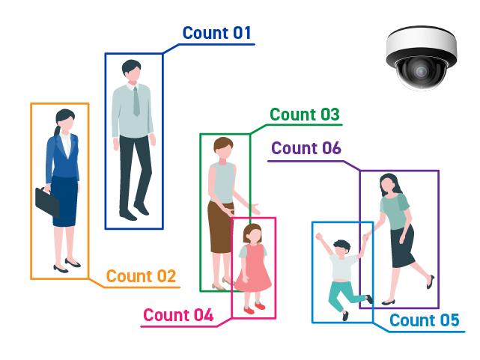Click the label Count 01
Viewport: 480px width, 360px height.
pyautogui.click(x=216, y=33)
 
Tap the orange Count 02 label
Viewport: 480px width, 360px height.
pyautogui.click(x=141, y=276)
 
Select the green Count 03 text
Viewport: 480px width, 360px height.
pyautogui.click(x=305, y=115)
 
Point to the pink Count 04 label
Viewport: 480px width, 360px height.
pyautogui.click(x=178, y=315)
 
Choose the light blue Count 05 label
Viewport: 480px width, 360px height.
pyautogui.click(x=424, y=320)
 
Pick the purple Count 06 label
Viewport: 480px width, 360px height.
pyautogui.click(x=306, y=148)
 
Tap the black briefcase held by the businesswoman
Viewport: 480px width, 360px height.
pyautogui.click(x=47, y=201)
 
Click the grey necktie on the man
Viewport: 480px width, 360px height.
pyautogui.click(x=136, y=100)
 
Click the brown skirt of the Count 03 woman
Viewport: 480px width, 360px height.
pyautogui.click(x=220, y=228)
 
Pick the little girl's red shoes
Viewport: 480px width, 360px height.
pyautogui.click(x=255, y=306)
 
